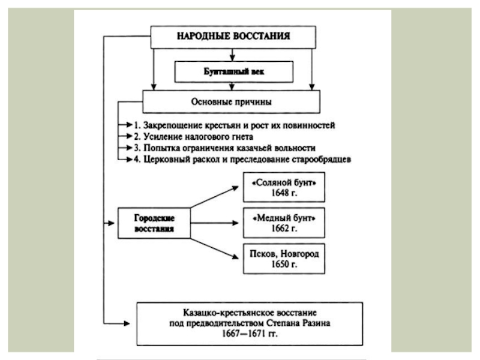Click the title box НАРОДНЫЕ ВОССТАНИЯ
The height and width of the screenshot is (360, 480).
233,37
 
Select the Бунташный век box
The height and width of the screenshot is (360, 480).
233,71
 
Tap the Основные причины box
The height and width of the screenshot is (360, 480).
231,101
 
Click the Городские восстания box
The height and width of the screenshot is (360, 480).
154,223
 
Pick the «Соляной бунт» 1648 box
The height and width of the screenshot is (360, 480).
284,187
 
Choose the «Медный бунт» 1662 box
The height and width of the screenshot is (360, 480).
284,223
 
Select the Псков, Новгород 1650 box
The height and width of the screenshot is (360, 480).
284,259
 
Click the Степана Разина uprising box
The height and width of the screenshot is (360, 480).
250,324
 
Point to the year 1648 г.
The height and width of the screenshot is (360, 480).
284,193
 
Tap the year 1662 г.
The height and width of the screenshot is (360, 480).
284,229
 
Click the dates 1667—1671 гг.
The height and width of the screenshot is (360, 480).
250,334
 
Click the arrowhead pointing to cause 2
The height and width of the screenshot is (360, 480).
130,136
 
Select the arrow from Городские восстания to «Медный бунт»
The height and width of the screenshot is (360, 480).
214,223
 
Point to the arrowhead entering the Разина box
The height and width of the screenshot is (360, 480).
127,323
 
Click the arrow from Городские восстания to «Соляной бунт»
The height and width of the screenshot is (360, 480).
214,197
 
